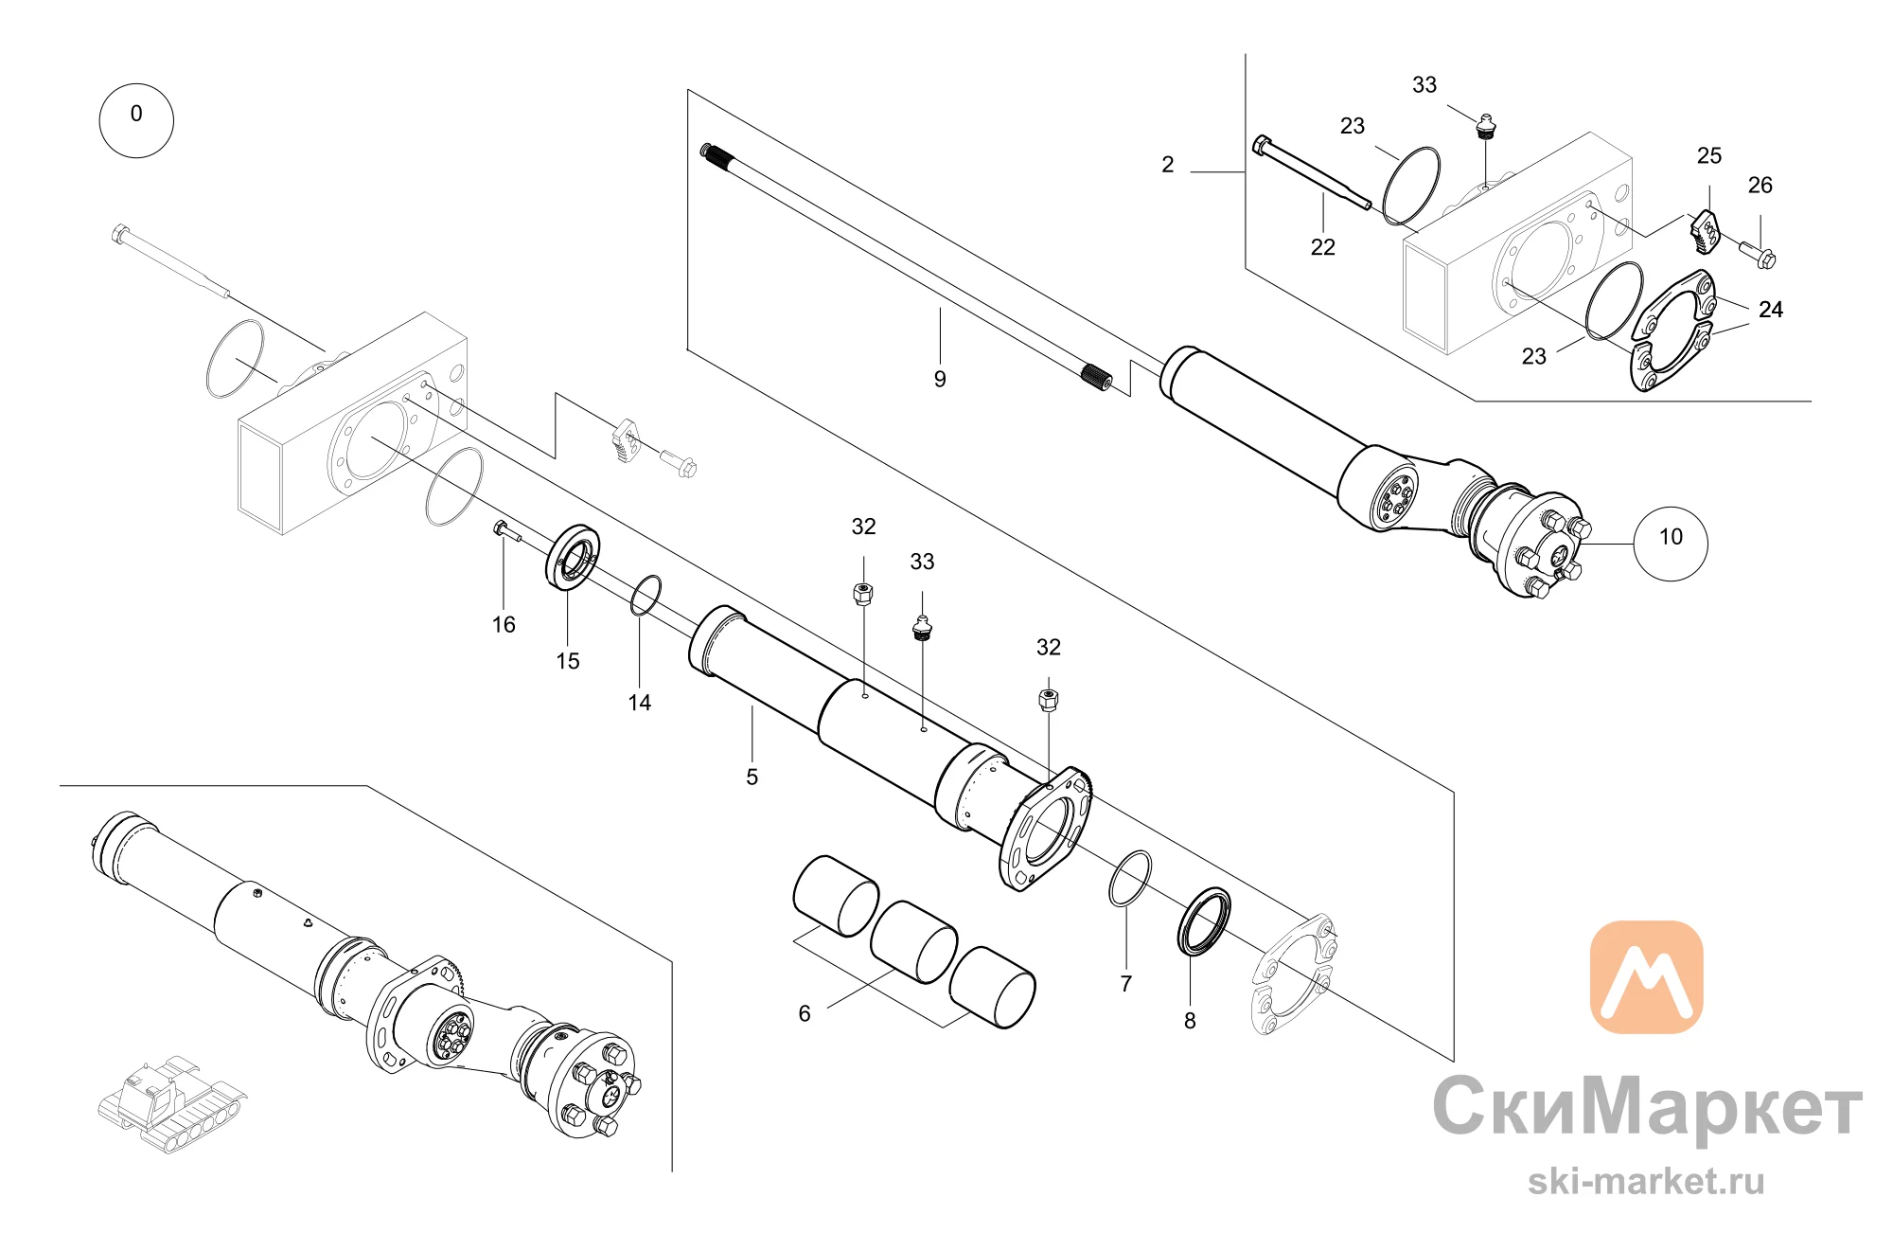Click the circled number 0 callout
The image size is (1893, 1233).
click(x=136, y=120)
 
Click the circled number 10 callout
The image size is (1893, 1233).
click(x=1671, y=543)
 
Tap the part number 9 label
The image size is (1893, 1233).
click(x=940, y=379)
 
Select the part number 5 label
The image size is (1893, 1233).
click(x=752, y=777)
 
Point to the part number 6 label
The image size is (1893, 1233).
click(x=805, y=1014)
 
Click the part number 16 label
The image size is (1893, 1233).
click(x=504, y=625)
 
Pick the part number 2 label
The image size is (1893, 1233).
click(x=1168, y=165)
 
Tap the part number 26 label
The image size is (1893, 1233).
click(x=1760, y=186)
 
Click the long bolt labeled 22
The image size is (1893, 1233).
click(x=1311, y=173)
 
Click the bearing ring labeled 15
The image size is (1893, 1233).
click(x=573, y=557)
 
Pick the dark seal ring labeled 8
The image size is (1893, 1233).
click(x=1204, y=921)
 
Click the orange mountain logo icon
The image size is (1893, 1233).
click(x=1647, y=976)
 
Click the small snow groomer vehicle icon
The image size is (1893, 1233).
click(x=173, y=1105)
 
